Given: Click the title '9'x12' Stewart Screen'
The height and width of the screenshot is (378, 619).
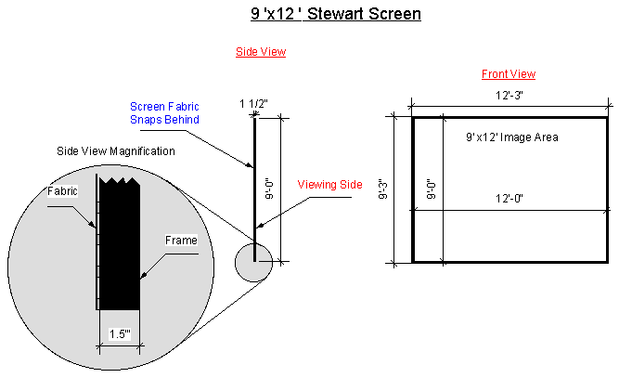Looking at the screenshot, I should [x=335, y=15].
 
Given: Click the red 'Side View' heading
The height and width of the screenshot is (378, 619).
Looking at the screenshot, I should [x=260, y=53].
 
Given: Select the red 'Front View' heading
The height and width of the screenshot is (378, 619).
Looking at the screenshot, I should [x=508, y=74].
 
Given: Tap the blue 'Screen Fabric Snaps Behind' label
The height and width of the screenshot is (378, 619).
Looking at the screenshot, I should [x=164, y=113].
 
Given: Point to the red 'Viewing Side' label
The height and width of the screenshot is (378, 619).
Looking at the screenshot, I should [x=329, y=185].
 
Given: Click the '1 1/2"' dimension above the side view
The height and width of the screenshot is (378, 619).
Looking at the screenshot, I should [x=254, y=103].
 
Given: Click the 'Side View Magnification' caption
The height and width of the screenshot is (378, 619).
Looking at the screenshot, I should [x=116, y=151].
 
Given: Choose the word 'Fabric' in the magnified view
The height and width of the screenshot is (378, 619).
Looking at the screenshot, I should [x=62, y=190].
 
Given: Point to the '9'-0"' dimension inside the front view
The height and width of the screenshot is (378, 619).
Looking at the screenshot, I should [x=431, y=189].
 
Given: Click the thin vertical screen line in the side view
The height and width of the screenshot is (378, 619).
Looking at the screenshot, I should [x=254, y=186].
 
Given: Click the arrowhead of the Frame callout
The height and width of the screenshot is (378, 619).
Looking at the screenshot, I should [x=143, y=276].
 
